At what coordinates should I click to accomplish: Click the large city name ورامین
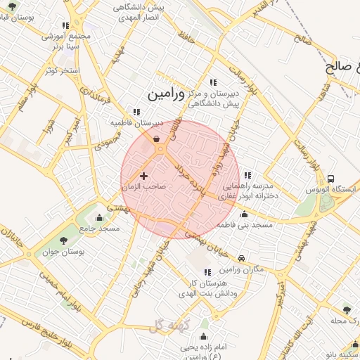pos(166,94)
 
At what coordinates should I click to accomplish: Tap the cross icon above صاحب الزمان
pos(144,176)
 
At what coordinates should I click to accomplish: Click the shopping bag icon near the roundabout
pos(155,139)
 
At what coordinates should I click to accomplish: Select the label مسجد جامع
pos(99,228)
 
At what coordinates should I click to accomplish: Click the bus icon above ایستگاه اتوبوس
pos(330,179)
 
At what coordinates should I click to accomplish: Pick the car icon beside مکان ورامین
pos(242,259)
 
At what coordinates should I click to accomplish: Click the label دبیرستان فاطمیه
pos(137,122)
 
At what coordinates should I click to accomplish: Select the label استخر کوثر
pos(62,70)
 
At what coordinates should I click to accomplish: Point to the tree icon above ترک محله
pos(346,309)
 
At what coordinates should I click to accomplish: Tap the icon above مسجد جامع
pos(98,217)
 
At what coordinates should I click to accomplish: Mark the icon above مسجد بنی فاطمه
pos(244,214)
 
